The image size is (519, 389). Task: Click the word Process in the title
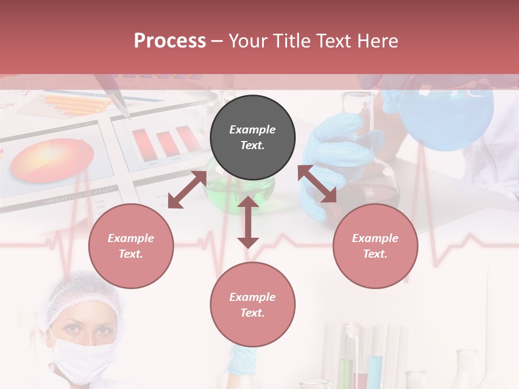[x=170, y=41]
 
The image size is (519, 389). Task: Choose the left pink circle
[x=131, y=246]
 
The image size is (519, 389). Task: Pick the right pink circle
[x=375, y=246]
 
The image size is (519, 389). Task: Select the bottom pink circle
[x=252, y=304]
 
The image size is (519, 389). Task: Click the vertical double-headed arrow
[x=248, y=222]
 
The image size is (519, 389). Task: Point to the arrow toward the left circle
[x=187, y=190]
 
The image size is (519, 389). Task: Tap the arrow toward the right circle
[x=317, y=184]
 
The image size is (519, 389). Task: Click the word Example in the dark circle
[x=252, y=130]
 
